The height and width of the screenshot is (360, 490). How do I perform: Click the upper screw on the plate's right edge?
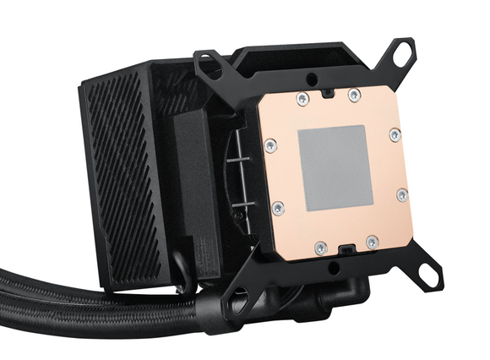(x=394, y=134)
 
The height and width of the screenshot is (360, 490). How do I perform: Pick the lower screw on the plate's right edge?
(x=401, y=195)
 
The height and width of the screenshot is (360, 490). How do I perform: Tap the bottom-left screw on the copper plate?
(x=319, y=247)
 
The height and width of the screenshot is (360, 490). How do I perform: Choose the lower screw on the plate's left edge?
(x=280, y=205)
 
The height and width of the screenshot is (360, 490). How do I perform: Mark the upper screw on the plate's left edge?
(x=269, y=146)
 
